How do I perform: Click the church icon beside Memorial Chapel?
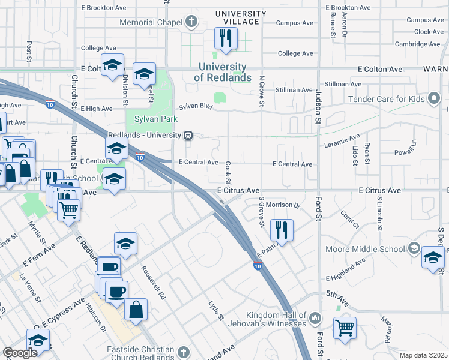click(191, 23)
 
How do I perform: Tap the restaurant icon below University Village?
click(226, 39)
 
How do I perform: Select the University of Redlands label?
click(223, 73)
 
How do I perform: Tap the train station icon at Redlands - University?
click(188, 136)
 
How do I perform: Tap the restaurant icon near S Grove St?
click(281, 229)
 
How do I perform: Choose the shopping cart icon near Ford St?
click(345, 328)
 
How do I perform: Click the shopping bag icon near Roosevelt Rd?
click(136, 310)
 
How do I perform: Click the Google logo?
click(20, 353)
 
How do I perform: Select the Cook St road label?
click(229, 169)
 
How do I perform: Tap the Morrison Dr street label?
click(282, 205)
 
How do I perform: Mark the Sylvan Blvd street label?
click(197, 106)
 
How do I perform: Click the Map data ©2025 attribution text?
click(423, 355)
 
